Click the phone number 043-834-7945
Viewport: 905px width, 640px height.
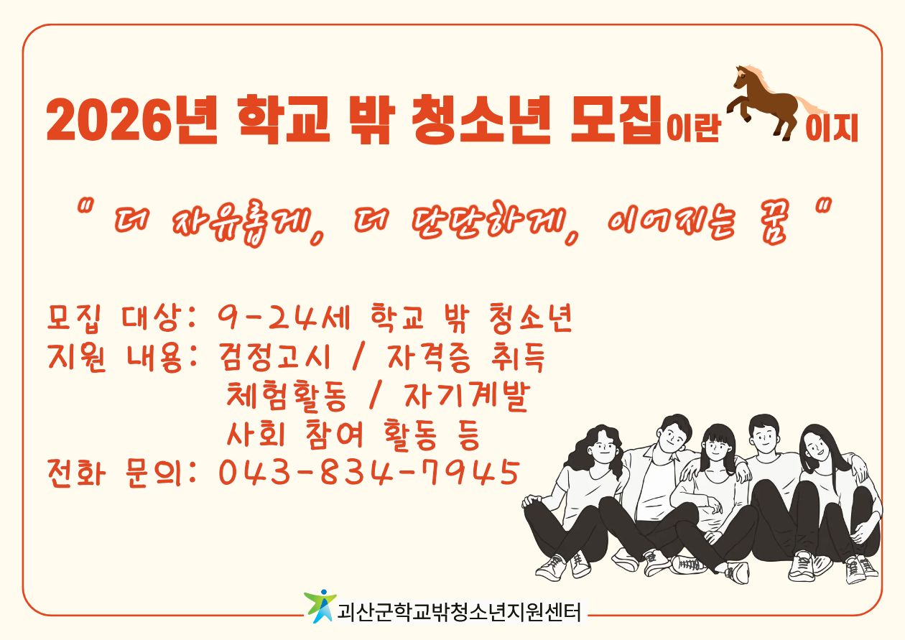click(368, 473)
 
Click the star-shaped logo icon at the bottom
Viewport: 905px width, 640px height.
click(320, 607)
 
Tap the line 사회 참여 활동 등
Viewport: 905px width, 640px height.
click(352, 435)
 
